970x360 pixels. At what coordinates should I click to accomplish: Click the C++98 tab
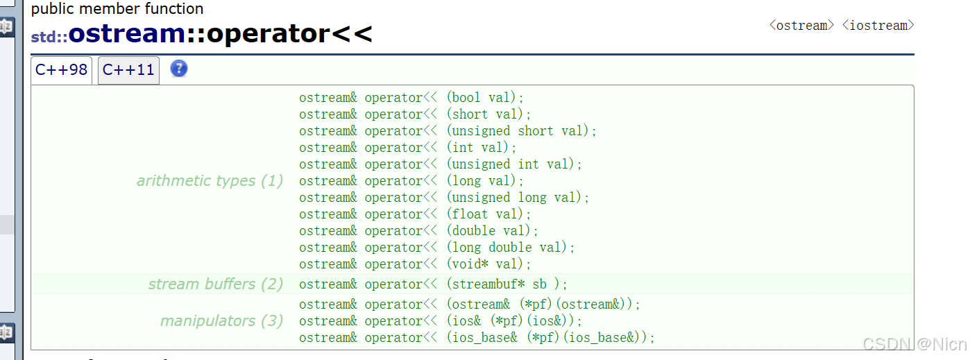click(x=61, y=70)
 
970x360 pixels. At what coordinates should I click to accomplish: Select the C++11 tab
click(x=128, y=70)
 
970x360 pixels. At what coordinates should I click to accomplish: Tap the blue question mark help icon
click(x=179, y=69)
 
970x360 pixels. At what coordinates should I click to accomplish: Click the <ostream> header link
click(x=801, y=26)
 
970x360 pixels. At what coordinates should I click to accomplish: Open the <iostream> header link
click(x=878, y=26)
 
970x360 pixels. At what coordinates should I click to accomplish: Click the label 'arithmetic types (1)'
click(x=210, y=181)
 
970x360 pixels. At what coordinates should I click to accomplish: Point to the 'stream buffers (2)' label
click(x=215, y=284)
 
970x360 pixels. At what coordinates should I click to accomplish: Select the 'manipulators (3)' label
click(x=221, y=321)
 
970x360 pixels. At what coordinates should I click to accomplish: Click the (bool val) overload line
click(x=411, y=98)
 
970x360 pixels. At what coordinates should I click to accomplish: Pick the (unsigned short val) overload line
click(x=448, y=131)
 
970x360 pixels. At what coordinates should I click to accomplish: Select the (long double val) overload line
click(x=437, y=248)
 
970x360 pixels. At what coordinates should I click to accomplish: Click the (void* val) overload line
click(x=415, y=264)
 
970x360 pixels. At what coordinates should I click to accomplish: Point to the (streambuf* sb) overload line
click(x=433, y=284)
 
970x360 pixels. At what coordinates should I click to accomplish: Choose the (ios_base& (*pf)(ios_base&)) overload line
click(x=477, y=338)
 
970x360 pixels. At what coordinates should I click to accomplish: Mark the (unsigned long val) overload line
click(x=444, y=198)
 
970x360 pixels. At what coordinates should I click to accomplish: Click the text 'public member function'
click(x=117, y=9)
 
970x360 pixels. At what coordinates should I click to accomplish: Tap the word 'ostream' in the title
click(x=126, y=33)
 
